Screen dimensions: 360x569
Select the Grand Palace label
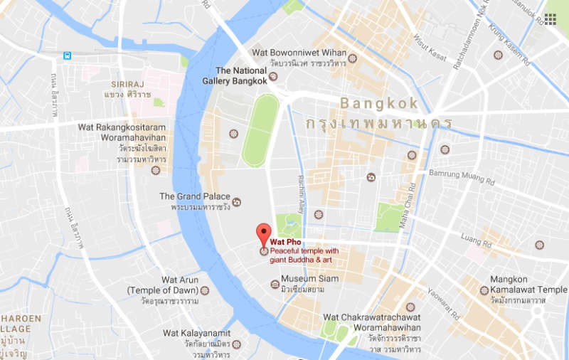pyautogui.click(x=195, y=196)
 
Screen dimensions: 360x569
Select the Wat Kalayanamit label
pyautogui.click(x=196, y=333)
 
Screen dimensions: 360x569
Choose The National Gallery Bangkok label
pyautogui.click(x=241, y=75)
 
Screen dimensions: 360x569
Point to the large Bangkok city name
pyautogui.click(x=379, y=103)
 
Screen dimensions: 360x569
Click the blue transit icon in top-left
pyautogui.click(x=68, y=55)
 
